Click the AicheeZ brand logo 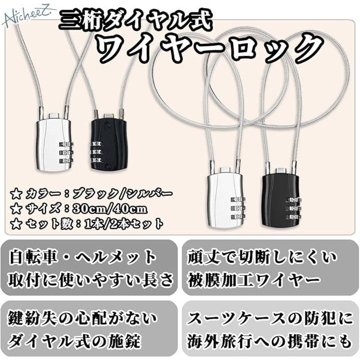(x=28, y=17)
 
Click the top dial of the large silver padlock (x=237, y=199)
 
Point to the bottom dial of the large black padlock (x=293, y=216)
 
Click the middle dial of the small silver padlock (x=66, y=152)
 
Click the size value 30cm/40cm (x=109, y=209)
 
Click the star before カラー (x=16, y=194)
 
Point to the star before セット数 (x=16, y=224)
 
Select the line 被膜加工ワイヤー (x=254, y=279)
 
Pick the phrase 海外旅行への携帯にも (x=269, y=341)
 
